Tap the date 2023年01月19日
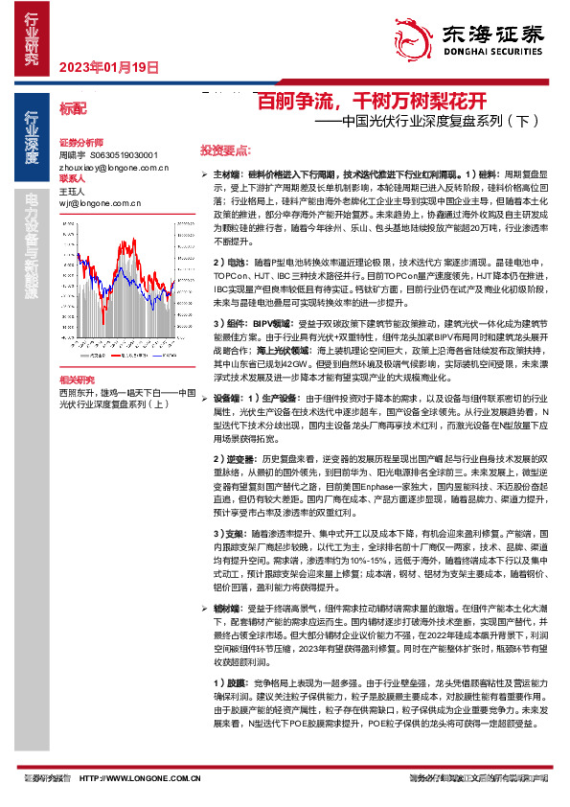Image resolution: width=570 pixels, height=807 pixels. click(107, 67)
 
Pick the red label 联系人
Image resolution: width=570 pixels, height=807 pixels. click(73, 178)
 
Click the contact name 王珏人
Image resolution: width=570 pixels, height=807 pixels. click(73, 191)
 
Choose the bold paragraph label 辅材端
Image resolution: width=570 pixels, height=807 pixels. click(227, 608)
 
